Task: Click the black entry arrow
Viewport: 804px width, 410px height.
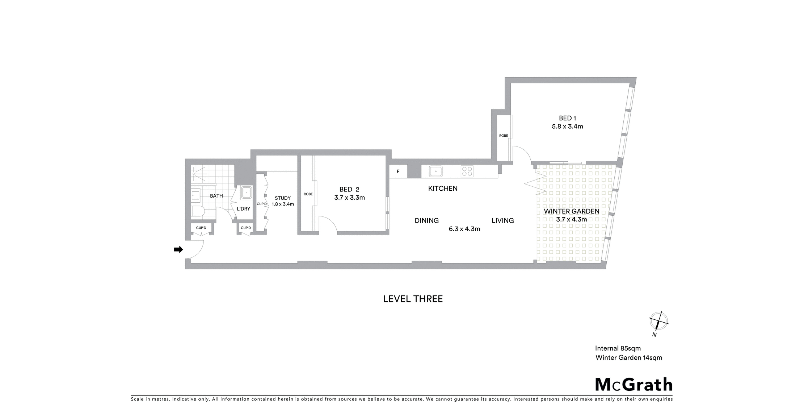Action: coord(178,249)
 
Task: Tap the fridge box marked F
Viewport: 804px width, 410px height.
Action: coord(398,171)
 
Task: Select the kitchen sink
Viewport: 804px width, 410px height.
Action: coord(436,171)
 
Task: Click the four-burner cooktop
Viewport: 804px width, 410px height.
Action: coord(467,171)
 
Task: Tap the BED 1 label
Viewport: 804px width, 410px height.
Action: coord(567,118)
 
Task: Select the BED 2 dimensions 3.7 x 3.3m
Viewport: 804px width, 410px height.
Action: coord(349,198)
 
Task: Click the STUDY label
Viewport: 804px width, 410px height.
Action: coord(283,198)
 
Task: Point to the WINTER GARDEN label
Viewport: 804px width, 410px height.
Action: coord(572,211)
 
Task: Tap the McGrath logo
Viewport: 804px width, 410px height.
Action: coord(634,385)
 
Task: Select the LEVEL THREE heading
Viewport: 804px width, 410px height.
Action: coord(413,299)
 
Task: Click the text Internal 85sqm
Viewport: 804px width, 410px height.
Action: coord(618,348)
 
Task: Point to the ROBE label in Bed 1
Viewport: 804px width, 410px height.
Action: coord(504,136)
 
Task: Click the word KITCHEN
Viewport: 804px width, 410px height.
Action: coord(443,189)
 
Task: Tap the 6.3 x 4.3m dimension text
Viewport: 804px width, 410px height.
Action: coord(464,229)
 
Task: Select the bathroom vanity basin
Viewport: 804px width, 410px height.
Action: coord(195,195)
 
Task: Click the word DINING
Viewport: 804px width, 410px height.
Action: coord(427,220)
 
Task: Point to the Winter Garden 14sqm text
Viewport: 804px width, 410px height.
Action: coord(629,358)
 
